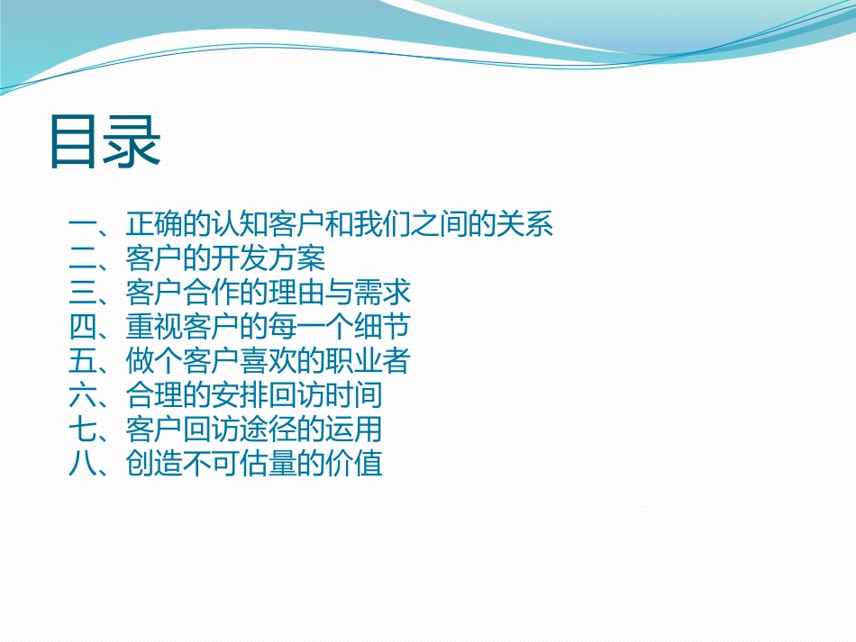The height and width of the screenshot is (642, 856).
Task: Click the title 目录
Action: click(x=105, y=142)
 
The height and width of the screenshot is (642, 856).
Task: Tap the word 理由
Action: click(x=297, y=294)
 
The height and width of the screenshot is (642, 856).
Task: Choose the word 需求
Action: click(x=383, y=294)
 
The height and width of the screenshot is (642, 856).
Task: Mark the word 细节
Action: click(x=383, y=328)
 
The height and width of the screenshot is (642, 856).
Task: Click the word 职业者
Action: click(x=369, y=362)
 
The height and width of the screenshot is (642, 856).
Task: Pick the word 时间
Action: click(x=354, y=396)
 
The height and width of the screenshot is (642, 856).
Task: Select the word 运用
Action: click(x=354, y=430)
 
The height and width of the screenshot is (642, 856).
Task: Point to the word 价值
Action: click(x=354, y=465)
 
